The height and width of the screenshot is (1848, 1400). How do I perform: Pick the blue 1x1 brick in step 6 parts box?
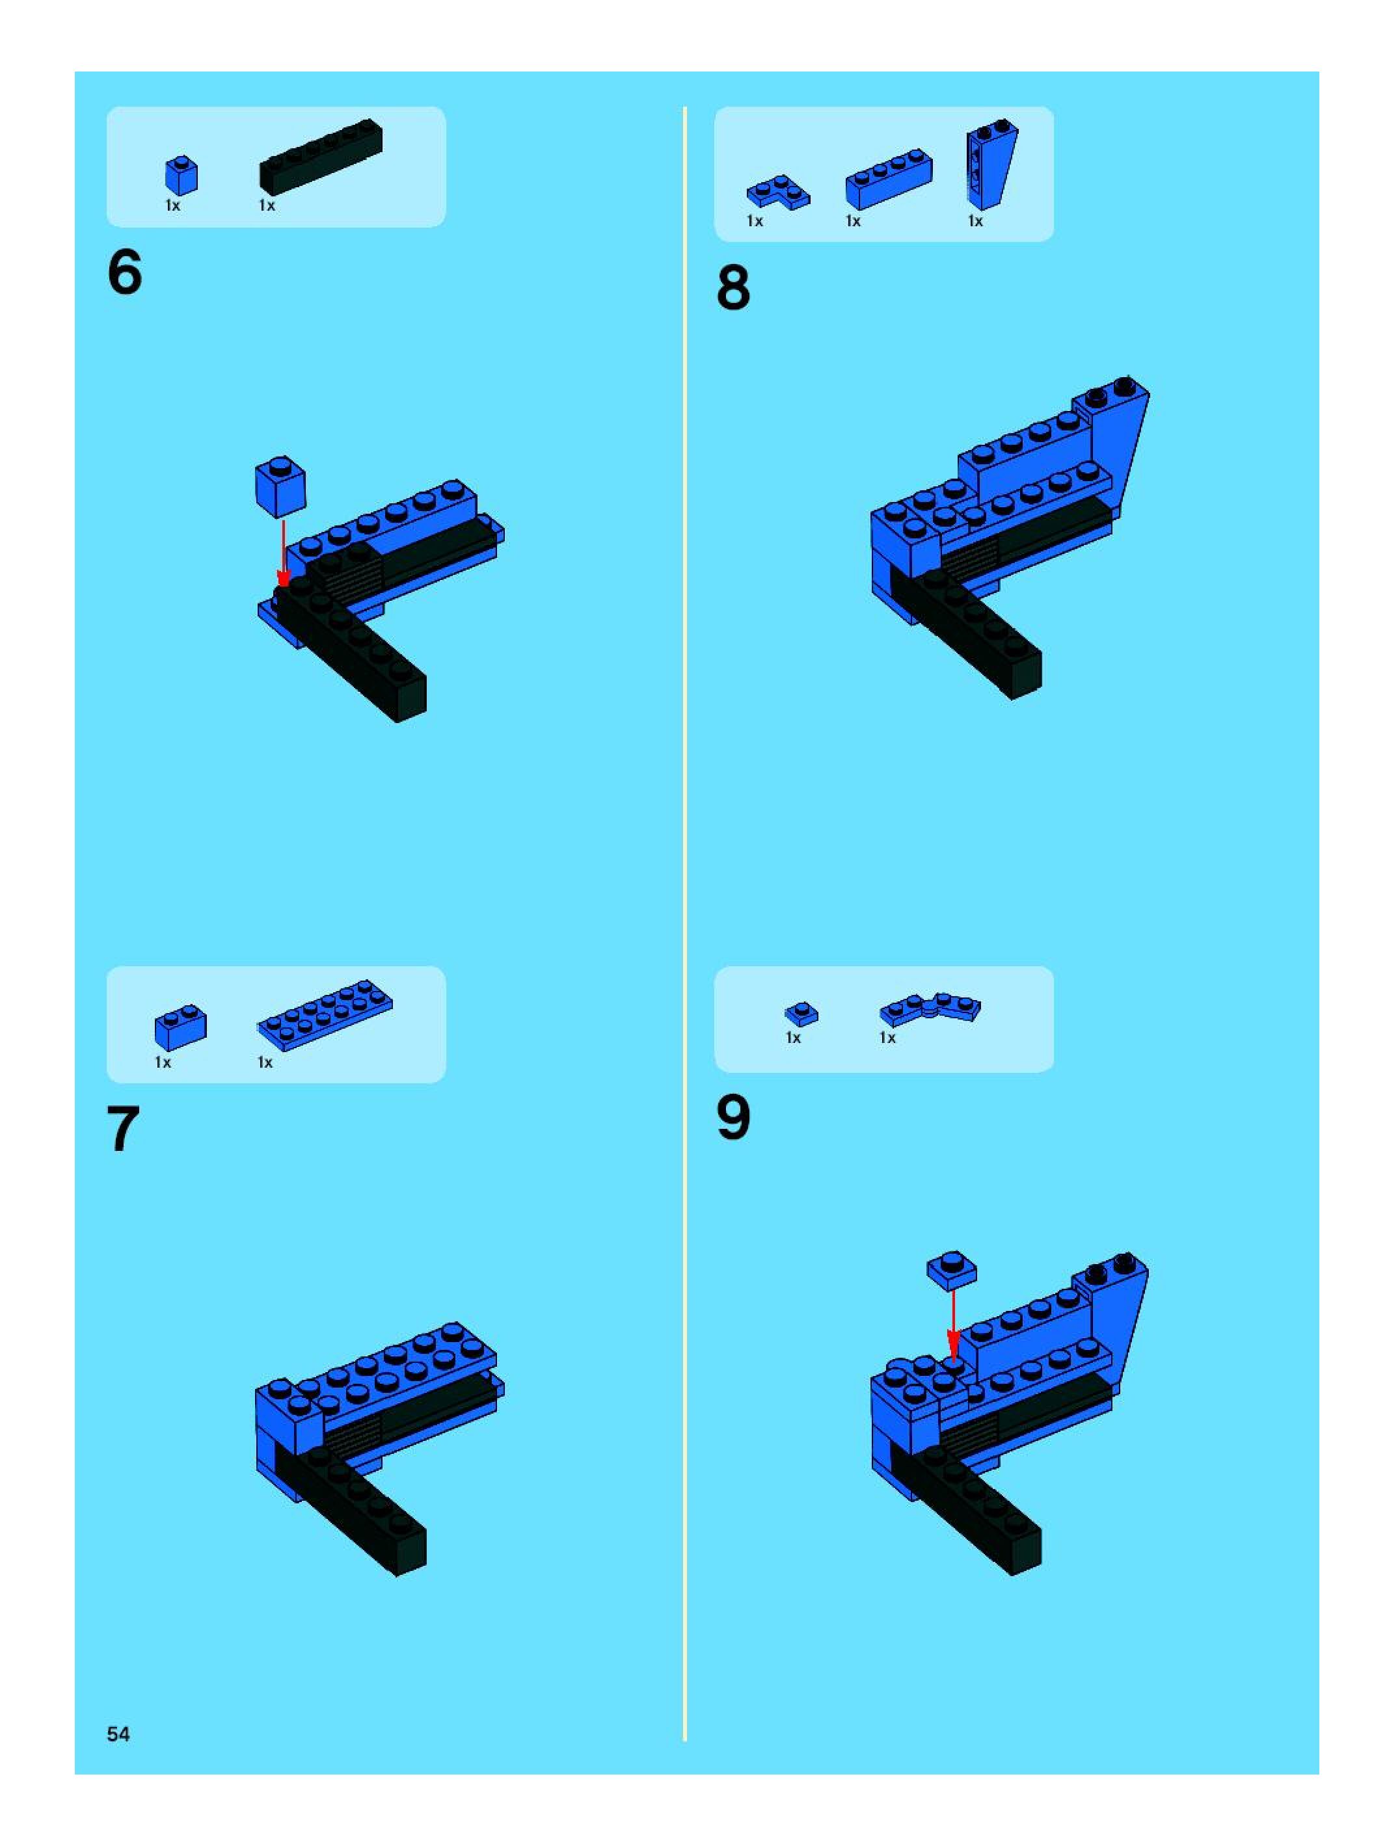point(182,175)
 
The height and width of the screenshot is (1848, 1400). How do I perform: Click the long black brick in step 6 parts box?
point(321,158)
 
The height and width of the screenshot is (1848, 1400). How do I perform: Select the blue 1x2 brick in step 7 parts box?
point(181,1027)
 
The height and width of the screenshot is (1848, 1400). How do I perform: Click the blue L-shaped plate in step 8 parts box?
point(778,192)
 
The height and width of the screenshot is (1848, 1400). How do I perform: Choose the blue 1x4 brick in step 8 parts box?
point(889,179)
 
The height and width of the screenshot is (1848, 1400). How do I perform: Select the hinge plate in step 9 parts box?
point(930,1009)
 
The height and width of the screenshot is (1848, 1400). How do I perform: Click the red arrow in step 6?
point(284,554)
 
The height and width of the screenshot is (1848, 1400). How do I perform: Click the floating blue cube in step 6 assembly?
point(280,487)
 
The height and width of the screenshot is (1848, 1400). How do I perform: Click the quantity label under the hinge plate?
point(887,1038)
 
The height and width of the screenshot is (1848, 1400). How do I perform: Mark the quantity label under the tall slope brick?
point(975,220)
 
